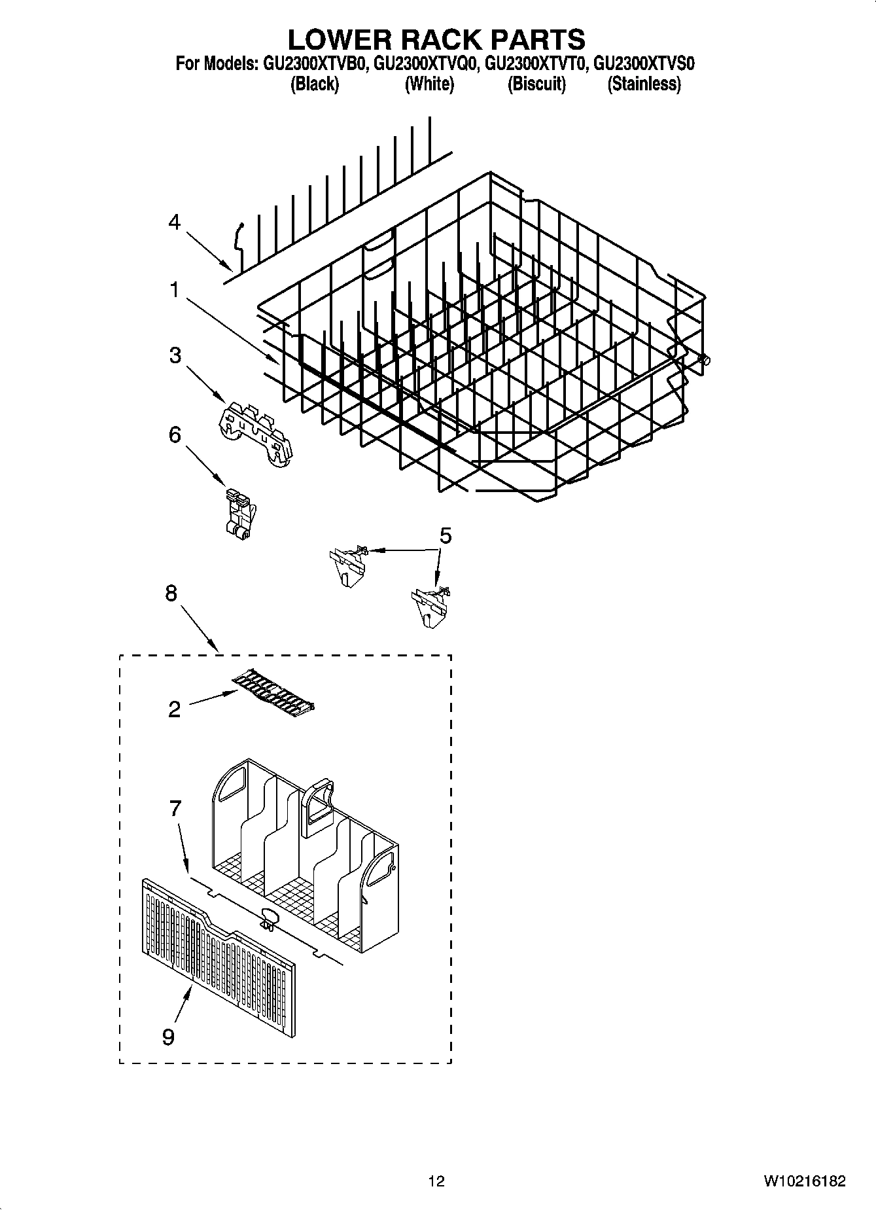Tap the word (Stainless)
tap(644, 84)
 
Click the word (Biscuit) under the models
tap(536, 84)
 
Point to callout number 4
tap(173, 222)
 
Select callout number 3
tap(175, 355)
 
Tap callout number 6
tap(175, 435)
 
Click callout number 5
tap(445, 536)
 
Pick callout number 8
tap(171, 594)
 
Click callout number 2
tap(174, 709)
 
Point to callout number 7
tap(175, 809)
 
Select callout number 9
tap(168, 1037)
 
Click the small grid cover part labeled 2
tap(273, 690)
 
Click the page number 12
tap(436, 1181)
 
